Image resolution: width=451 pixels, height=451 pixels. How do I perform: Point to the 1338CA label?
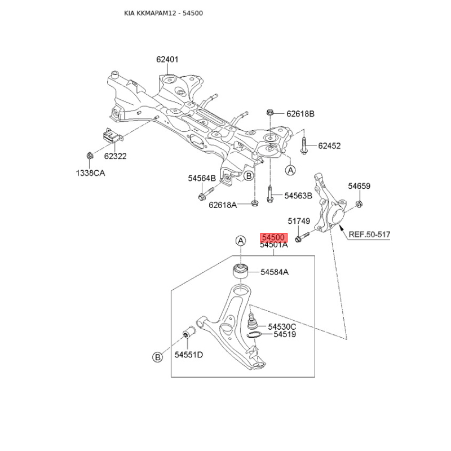click(x=90, y=173)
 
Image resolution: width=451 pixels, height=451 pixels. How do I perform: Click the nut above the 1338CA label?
click(x=90, y=155)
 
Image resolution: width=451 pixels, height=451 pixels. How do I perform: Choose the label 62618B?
click(x=300, y=114)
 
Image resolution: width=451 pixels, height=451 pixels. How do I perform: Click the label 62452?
click(x=329, y=145)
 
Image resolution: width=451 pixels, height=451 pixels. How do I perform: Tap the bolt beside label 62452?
click(x=304, y=145)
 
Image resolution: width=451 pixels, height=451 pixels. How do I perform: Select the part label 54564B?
click(x=202, y=178)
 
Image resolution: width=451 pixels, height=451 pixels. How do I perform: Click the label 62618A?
click(x=223, y=205)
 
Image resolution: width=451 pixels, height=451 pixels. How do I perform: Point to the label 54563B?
click(x=298, y=196)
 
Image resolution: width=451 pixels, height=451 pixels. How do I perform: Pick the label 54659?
click(x=359, y=185)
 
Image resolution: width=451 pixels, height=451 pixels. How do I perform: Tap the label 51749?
click(x=299, y=222)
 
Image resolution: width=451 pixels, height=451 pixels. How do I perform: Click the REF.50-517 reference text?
click(x=369, y=234)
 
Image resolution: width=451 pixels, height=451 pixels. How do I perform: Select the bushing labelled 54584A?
click(x=241, y=272)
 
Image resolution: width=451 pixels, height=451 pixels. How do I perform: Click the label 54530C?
click(x=282, y=326)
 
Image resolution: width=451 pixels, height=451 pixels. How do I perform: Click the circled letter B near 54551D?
click(x=157, y=356)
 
